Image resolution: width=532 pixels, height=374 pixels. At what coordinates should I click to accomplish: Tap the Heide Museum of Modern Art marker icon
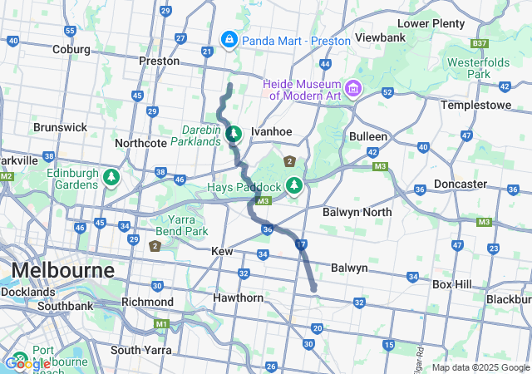tap(353, 87)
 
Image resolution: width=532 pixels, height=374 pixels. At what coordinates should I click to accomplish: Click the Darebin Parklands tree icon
tap(234, 133)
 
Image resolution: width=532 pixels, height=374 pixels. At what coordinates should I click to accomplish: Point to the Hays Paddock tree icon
tap(293, 185)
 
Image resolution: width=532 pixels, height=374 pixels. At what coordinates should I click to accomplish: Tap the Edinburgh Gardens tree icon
tap(111, 178)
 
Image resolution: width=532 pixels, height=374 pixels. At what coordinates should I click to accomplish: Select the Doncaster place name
tap(461, 184)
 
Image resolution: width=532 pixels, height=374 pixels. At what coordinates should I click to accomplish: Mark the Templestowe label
tap(474, 106)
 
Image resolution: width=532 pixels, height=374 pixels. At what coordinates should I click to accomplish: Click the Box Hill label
tap(452, 284)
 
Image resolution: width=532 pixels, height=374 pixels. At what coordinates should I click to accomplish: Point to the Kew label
tap(222, 251)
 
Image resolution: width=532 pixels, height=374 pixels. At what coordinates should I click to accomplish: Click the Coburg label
tap(70, 50)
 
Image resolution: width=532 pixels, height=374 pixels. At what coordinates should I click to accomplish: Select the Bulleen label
tap(368, 136)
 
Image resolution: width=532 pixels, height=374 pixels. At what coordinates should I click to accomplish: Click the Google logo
tap(27, 363)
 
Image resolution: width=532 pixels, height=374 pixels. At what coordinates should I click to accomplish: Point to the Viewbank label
tap(380, 38)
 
